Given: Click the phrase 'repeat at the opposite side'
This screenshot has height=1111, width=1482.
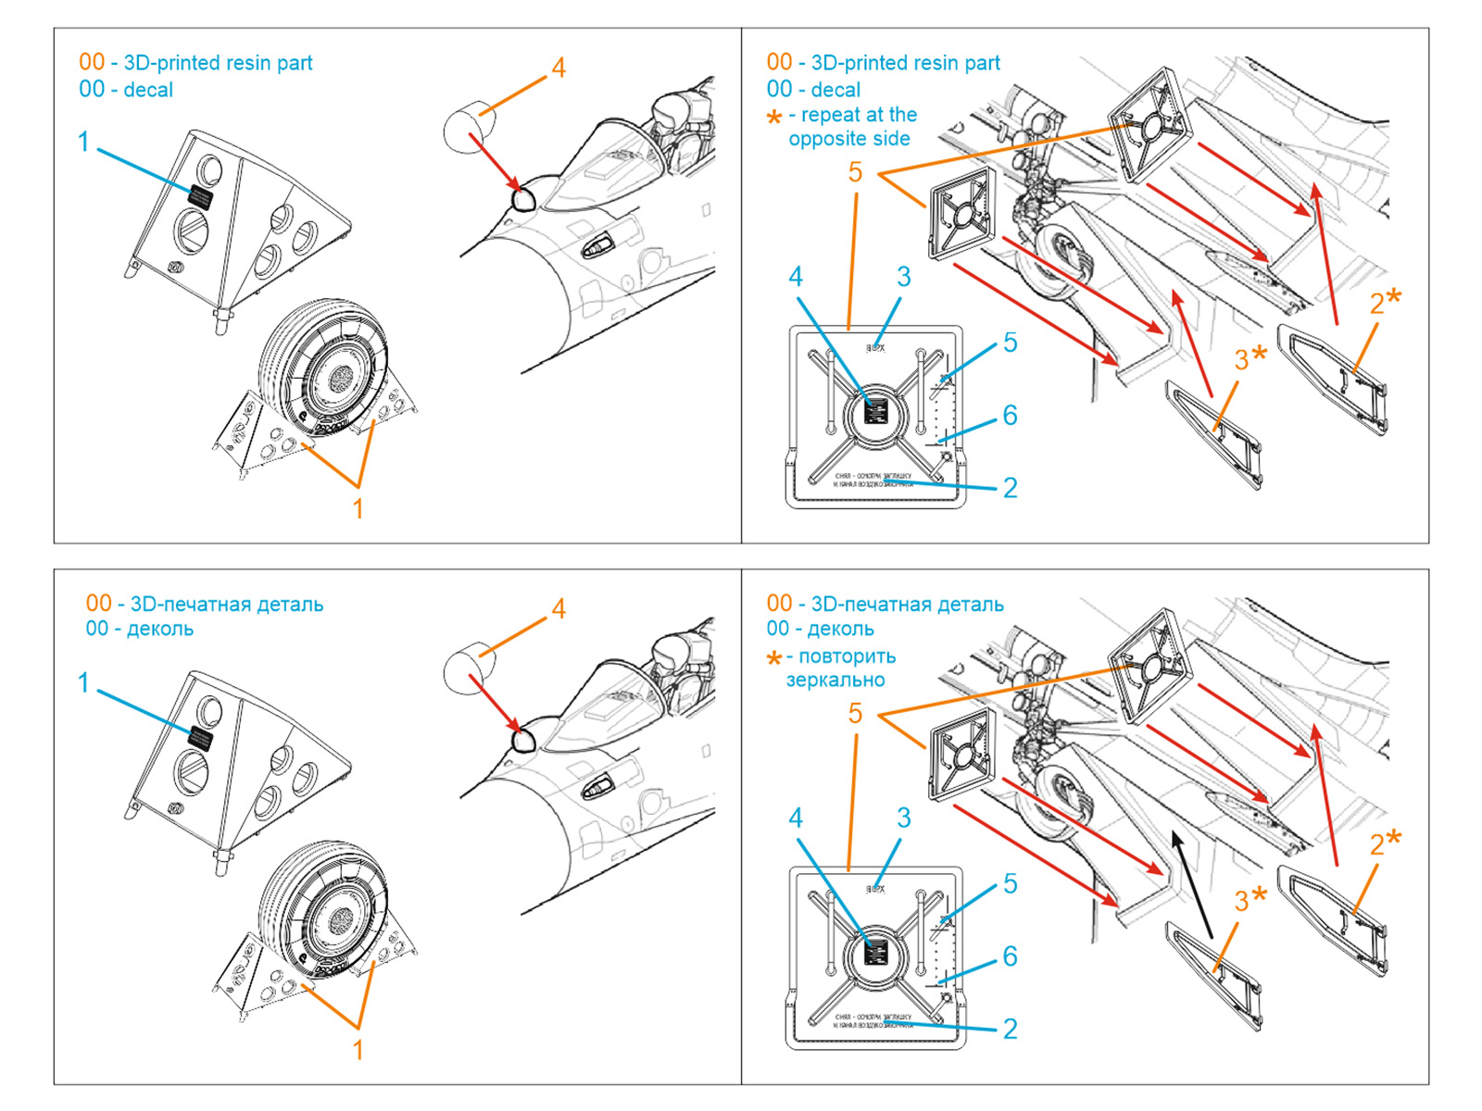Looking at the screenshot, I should (x=851, y=127).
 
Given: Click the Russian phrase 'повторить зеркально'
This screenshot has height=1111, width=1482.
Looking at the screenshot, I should (x=839, y=668).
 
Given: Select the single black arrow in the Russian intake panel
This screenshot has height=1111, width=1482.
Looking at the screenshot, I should (x=1193, y=884).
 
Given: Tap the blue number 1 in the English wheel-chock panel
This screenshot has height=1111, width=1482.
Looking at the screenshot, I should (x=83, y=142).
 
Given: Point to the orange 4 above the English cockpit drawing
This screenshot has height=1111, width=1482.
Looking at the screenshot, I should (x=558, y=68).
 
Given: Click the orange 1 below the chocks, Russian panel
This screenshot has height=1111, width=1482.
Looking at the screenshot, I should (x=358, y=1049).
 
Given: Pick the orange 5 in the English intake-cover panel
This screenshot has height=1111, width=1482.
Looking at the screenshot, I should (x=854, y=172).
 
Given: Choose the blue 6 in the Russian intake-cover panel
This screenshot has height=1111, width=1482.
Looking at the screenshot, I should (x=1010, y=956).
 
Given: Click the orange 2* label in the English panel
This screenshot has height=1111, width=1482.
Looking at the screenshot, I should (x=1385, y=300).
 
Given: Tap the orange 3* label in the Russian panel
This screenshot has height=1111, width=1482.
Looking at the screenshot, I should (x=1250, y=898).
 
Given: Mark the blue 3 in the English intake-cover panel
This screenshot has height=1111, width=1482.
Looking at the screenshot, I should (x=904, y=277).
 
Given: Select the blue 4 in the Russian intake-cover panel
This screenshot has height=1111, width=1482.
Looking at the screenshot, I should (x=796, y=818).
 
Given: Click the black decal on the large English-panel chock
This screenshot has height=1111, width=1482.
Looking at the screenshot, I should (x=201, y=196).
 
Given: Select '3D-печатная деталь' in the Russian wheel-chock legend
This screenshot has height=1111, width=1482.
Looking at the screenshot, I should (x=227, y=605).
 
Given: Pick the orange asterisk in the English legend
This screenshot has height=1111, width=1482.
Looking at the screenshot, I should (x=774, y=117).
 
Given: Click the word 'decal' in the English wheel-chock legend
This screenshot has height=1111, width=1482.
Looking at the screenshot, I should (x=148, y=90).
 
